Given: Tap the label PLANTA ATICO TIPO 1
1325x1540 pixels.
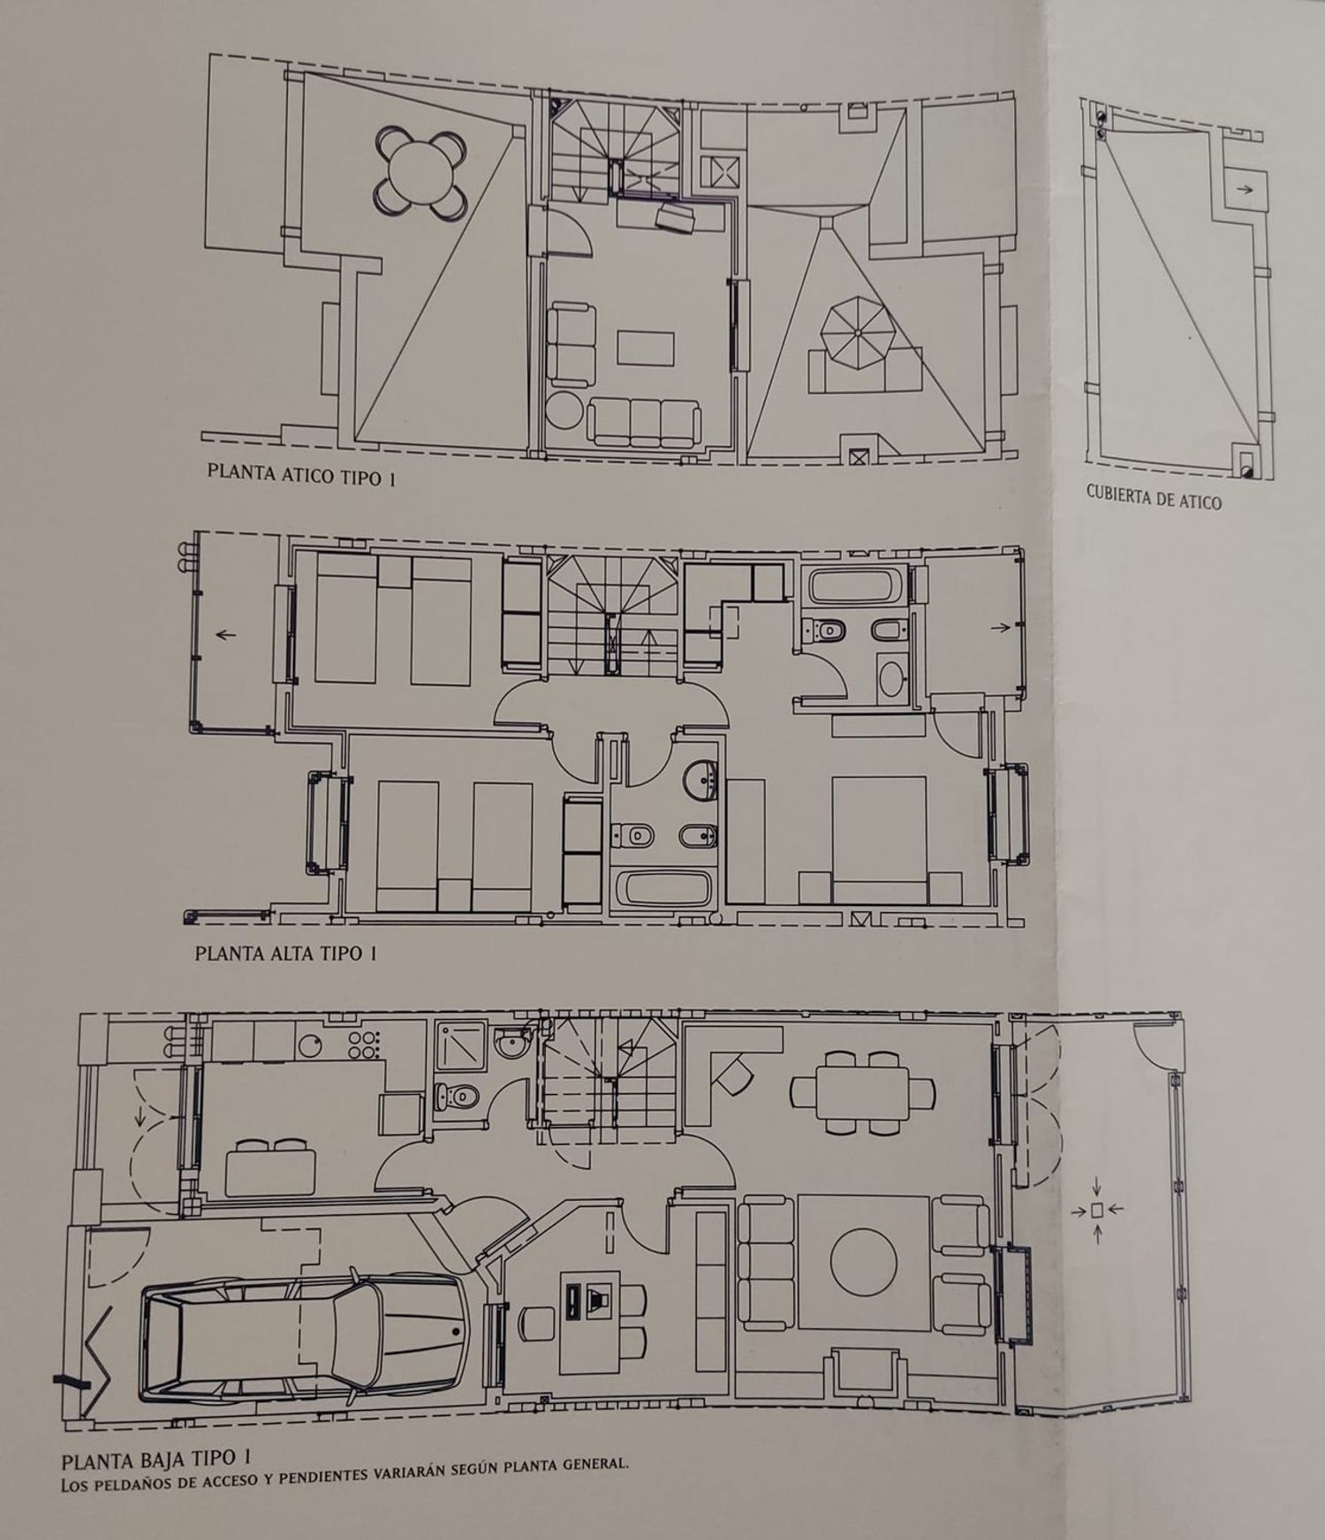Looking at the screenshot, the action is pyautogui.click(x=300, y=475).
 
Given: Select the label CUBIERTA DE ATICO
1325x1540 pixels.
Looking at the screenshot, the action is pyautogui.click(x=1154, y=497).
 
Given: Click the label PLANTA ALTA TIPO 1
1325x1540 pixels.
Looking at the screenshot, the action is pyautogui.click(x=286, y=953).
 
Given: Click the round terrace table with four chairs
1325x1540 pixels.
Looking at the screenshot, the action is pyautogui.click(x=420, y=170).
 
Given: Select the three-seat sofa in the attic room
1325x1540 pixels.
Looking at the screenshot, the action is pyautogui.click(x=644, y=420).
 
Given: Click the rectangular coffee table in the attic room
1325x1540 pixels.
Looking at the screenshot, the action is pyautogui.click(x=646, y=347).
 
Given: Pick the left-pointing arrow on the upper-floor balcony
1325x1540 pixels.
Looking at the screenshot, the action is pyautogui.click(x=226, y=633).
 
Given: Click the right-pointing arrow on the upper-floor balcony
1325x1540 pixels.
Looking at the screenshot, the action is pyautogui.click(x=1000, y=628).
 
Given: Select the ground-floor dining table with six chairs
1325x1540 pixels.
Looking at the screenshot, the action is pyautogui.click(x=862, y=1091).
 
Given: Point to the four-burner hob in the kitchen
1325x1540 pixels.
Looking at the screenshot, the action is pyautogui.click(x=364, y=1046).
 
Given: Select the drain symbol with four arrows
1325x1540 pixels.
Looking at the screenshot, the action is pyautogui.click(x=1096, y=1210).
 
